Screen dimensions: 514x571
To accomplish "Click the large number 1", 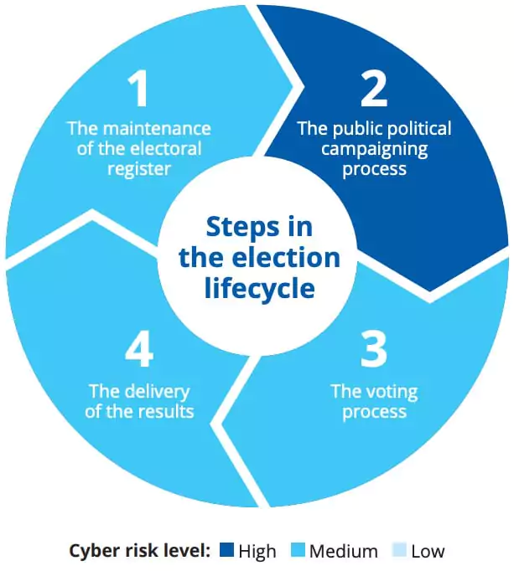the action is pyautogui.click(x=138, y=89).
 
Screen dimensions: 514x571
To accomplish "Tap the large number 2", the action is pyautogui.click(x=374, y=89).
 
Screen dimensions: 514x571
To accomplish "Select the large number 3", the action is pyautogui.click(x=374, y=349).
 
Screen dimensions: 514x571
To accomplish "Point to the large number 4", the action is pyautogui.click(x=139, y=349).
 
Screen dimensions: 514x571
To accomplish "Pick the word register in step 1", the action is pyautogui.click(x=139, y=169).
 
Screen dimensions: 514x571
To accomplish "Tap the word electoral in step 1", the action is pyautogui.click(x=165, y=148).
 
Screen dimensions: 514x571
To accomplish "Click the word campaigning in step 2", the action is pyautogui.click(x=374, y=150).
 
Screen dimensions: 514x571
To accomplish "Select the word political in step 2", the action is pyautogui.click(x=418, y=129).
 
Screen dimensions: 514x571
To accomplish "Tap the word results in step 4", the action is pyautogui.click(x=165, y=411).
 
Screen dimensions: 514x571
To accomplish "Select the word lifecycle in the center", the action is pyautogui.click(x=259, y=288).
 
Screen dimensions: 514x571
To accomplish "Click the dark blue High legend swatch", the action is pyautogui.click(x=226, y=550).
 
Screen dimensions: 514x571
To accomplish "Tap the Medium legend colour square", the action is pyautogui.click(x=298, y=550).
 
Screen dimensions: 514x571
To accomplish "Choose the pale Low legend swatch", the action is pyautogui.click(x=399, y=550).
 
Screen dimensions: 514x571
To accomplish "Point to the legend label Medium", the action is pyautogui.click(x=343, y=551).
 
